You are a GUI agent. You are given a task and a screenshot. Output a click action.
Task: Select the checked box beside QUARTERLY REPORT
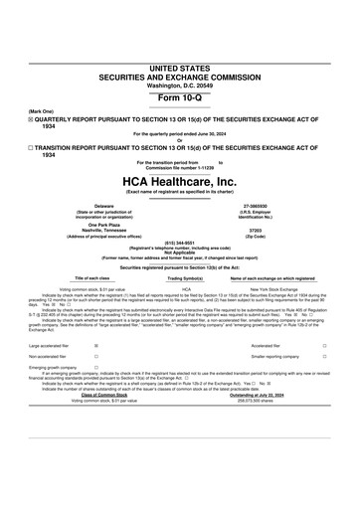pos(31,88)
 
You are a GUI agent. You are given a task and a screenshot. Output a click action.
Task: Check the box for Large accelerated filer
pos(95,347)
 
